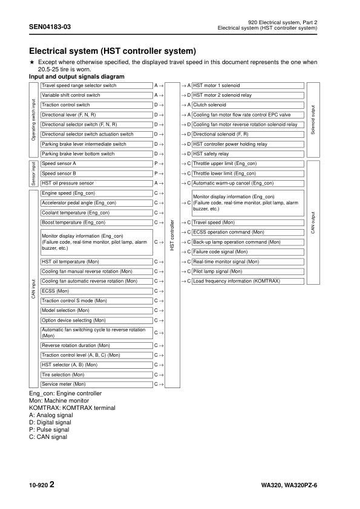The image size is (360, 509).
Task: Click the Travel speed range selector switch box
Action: tap(96, 86)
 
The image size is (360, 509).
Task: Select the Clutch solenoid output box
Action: tap(247, 105)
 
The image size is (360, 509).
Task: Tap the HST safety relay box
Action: tap(247, 154)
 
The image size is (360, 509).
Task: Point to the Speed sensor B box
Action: tap(96, 173)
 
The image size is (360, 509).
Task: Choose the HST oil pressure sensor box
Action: tap(96, 183)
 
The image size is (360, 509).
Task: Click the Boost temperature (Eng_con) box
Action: tap(96, 222)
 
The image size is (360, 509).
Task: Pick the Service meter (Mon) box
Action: tap(96, 384)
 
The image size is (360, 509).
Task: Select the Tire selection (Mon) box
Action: tap(96, 374)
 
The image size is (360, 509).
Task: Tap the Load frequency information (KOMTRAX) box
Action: tap(247, 281)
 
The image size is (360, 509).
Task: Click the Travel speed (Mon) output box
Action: tap(247, 222)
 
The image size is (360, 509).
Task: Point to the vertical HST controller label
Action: tap(173, 236)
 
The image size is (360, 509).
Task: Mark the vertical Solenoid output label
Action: tap(313, 119)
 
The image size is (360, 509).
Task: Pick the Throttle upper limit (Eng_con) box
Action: tap(247, 163)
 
